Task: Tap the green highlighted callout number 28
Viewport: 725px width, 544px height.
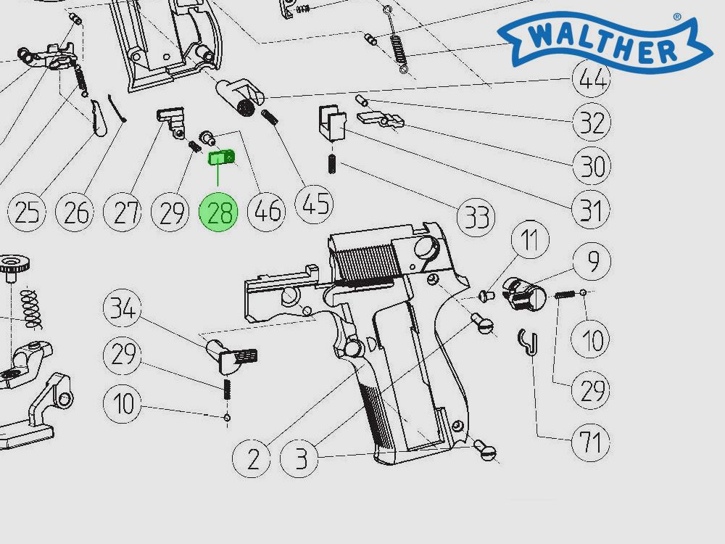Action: (220, 213)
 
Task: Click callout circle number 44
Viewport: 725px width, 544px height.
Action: (591, 78)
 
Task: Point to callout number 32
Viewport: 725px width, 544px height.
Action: (591, 123)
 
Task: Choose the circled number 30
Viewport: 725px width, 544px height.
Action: (591, 167)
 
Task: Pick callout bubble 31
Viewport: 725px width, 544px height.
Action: (591, 211)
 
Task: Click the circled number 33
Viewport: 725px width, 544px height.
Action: (476, 216)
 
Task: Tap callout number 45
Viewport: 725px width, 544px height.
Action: (315, 205)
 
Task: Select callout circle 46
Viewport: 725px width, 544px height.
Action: (267, 212)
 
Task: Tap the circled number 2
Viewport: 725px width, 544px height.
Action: (252, 458)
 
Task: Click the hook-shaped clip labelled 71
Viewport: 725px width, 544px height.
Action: (530, 341)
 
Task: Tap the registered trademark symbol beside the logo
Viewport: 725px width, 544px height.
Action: (677, 16)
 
